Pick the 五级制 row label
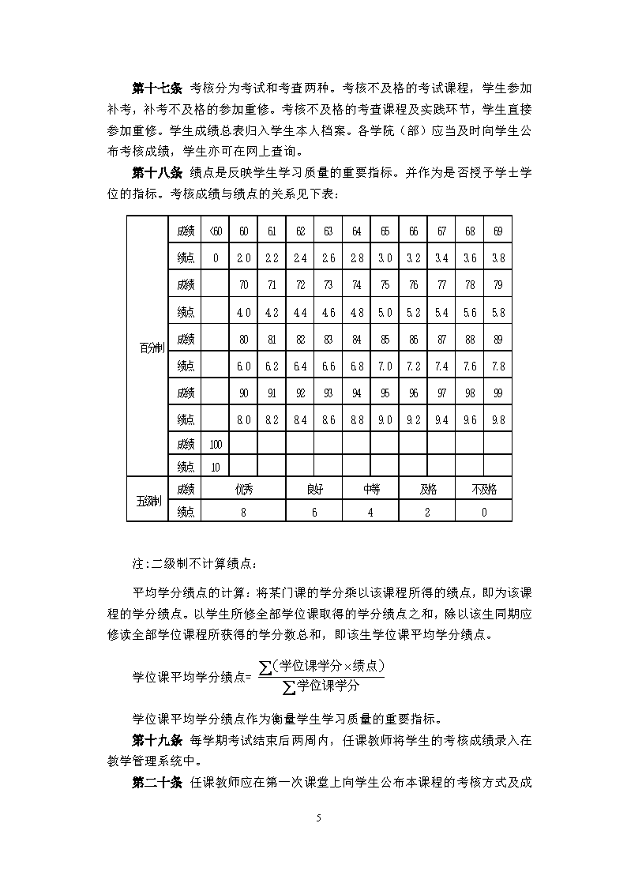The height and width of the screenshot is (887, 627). pyautogui.click(x=147, y=501)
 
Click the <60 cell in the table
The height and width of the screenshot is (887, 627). pyautogui.click(x=215, y=231)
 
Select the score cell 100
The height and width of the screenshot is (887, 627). pyautogui.click(x=215, y=445)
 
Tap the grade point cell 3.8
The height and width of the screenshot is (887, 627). pyautogui.click(x=497, y=257)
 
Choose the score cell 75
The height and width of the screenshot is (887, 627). pyautogui.click(x=385, y=285)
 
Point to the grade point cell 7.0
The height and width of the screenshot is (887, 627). pyautogui.click(x=385, y=366)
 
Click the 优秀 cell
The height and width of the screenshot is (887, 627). pyautogui.click(x=243, y=490)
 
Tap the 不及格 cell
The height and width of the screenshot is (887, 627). pyautogui.click(x=483, y=490)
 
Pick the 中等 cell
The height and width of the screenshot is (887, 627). pyautogui.click(x=370, y=490)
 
